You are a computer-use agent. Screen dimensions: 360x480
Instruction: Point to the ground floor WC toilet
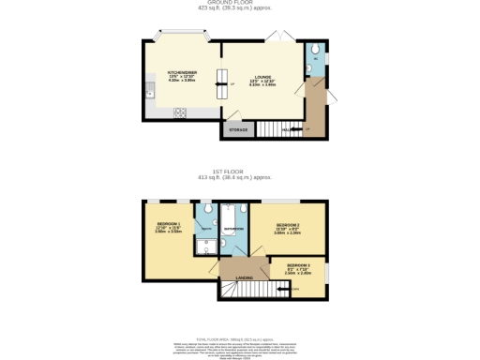tap(315, 51)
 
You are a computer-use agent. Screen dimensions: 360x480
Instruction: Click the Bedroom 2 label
tap(288, 227)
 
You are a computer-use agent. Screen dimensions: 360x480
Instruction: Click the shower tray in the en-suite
tap(206, 246)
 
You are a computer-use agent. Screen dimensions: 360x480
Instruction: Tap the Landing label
tap(243, 277)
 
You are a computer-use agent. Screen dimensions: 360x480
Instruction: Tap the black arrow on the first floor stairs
tap(285, 290)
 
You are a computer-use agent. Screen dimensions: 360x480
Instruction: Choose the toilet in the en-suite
tap(205, 213)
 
